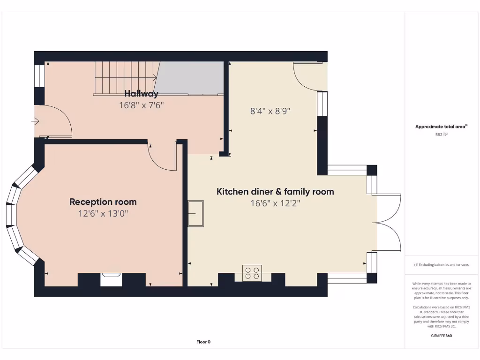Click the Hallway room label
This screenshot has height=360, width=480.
(x=141, y=94)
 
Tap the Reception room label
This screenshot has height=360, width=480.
(x=103, y=202)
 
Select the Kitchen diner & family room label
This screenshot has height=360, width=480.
(x=275, y=191)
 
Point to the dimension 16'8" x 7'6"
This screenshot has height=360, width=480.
(x=141, y=105)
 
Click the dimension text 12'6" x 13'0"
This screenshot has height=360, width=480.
(x=103, y=214)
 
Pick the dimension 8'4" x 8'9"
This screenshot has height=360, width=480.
(x=270, y=111)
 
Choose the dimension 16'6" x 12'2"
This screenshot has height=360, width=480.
(x=275, y=203)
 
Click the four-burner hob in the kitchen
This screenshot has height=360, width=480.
(x=252, y=273)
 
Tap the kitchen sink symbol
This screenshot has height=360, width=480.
(x=195, y=213)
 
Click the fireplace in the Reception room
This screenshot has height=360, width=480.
(x=112, y=279)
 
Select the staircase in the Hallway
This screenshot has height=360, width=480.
(x=125, y=78)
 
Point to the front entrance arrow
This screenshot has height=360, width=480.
(x=35, y=121)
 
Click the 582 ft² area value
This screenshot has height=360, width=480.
(x=441, y=135)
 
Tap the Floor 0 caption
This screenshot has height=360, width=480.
(x=203, y=342)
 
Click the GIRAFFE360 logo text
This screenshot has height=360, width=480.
(x=441, y=336)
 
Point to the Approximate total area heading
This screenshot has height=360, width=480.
(x=441, y=127)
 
